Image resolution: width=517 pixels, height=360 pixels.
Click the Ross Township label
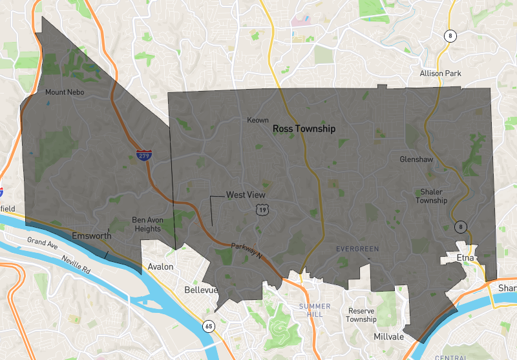click(x=304, y=129)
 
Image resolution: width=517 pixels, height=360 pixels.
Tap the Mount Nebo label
click(x=65, y=92)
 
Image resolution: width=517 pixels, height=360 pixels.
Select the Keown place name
click(x=258, y=120)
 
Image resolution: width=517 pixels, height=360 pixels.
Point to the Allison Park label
click(x=440, y=74)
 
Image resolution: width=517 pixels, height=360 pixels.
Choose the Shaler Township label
click(x=431, y=196)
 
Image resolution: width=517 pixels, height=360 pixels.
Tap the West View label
click(x=246, y=195)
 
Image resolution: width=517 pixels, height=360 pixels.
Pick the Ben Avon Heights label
click(x=147, y=224)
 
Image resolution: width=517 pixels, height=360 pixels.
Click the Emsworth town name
click(x=91, y=235)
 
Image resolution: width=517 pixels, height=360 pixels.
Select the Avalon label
click(x=160, y=266)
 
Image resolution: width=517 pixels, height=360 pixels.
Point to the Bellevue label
click(x=199, y=290)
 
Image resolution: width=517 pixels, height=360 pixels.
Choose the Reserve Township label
click(x=361, y=315)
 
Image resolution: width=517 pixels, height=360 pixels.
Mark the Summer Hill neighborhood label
click(x=315, y=310)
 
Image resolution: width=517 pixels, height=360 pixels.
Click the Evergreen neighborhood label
click(x=357, y=248)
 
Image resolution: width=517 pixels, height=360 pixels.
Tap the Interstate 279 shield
click(x=144, y=155)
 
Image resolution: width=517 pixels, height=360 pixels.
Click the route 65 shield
click(x=208, y=325)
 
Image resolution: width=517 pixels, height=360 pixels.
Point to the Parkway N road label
click(x=248, y=248)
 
